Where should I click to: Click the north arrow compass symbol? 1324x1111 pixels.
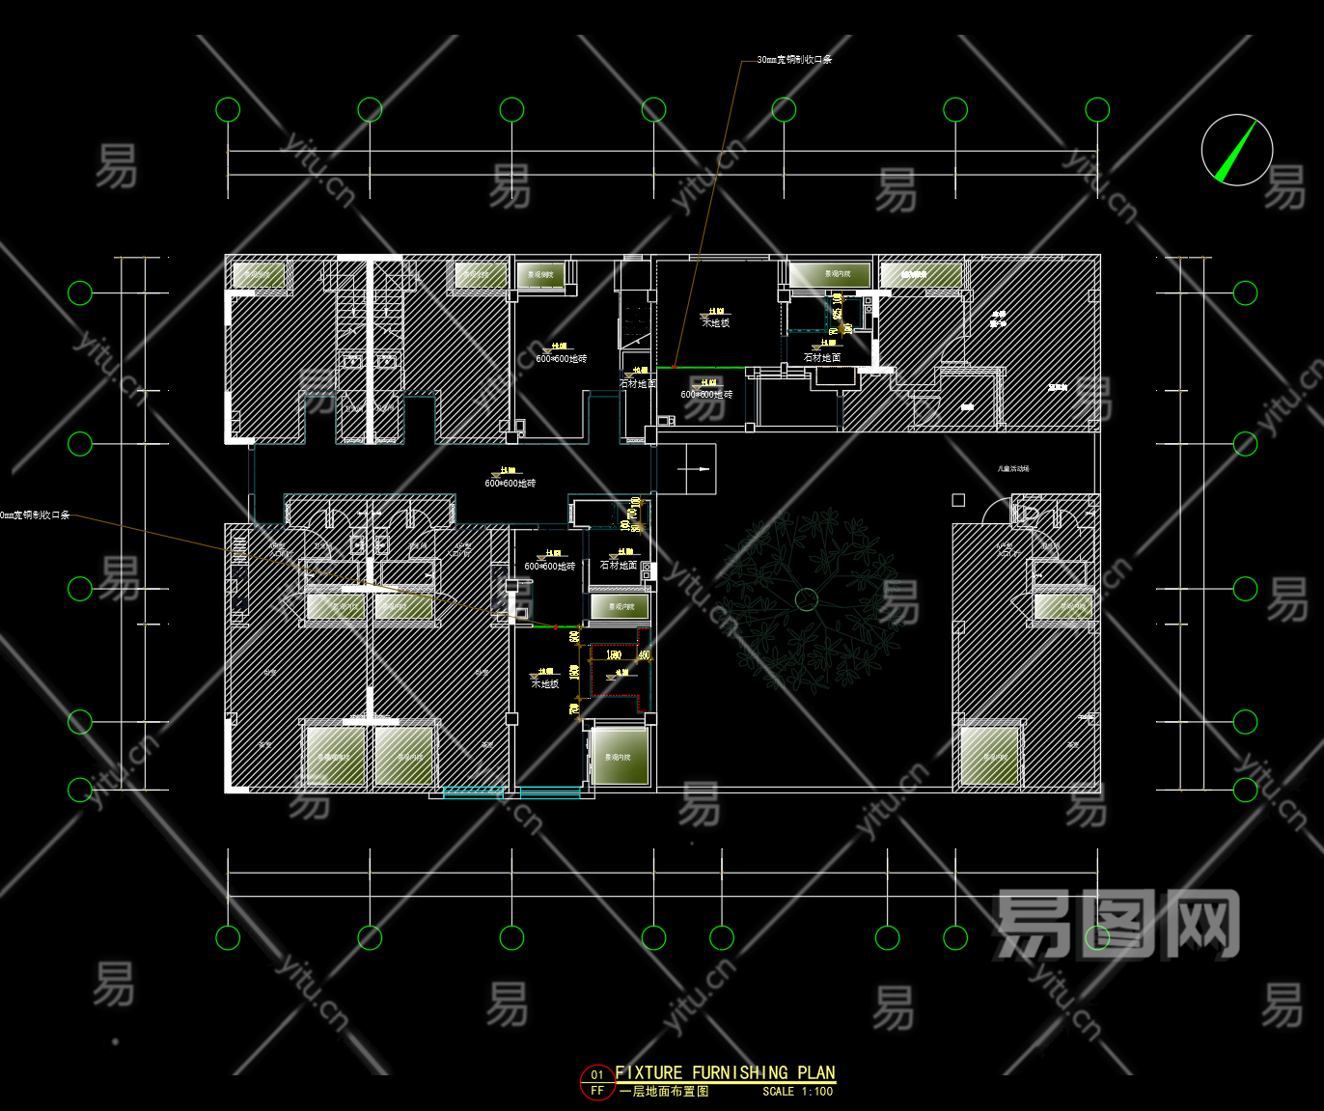(x=1236, y=150)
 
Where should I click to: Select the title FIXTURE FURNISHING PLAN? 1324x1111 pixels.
(x=725, y=1072)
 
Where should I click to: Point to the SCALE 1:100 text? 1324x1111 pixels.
(x=797, y=1092)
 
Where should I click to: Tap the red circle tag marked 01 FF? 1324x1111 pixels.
(x=597, y=1082)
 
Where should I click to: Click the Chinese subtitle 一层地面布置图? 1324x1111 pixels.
(x=664, y=1092)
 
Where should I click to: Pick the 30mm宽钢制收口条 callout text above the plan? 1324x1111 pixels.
(x=793, y=60)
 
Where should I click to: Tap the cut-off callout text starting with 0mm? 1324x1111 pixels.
(x=35, y=515)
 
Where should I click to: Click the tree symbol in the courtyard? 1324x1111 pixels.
(x=807, y=599)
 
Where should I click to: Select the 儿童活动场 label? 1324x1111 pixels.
(x=1012, y=469)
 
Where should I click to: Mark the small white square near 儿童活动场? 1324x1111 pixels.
(x=958, y=500)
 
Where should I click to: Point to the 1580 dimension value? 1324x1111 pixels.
(x=613, y=654)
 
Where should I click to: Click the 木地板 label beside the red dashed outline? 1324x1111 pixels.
(x=545, y=683)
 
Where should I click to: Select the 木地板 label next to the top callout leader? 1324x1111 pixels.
(x=716, y=323)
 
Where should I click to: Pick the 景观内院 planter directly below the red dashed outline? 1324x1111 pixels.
(x=619, y=757)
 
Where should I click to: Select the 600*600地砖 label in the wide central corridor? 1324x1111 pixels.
(x=510, y=483)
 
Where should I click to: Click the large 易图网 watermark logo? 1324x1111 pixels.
(x=1117, y=925)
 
